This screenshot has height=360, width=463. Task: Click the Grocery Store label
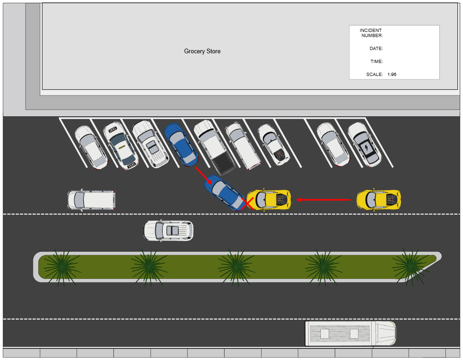[202, 51]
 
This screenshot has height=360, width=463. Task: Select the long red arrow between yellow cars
[324, 200]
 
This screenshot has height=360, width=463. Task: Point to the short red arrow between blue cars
[204, 176]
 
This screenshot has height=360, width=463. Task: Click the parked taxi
[120, 145]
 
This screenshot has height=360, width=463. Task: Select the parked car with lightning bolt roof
[365, 145]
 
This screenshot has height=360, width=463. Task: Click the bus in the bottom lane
[350, 334]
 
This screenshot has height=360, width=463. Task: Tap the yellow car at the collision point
[269, 200]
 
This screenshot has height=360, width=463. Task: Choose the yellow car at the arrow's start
[378, 199]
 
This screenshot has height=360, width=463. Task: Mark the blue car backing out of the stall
[225, 193]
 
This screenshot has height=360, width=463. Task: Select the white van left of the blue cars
[91, 200]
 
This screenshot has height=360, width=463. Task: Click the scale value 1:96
[392, 74]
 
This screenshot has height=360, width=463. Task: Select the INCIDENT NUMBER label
[371, 33]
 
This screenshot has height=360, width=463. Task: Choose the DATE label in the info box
[376, 49]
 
